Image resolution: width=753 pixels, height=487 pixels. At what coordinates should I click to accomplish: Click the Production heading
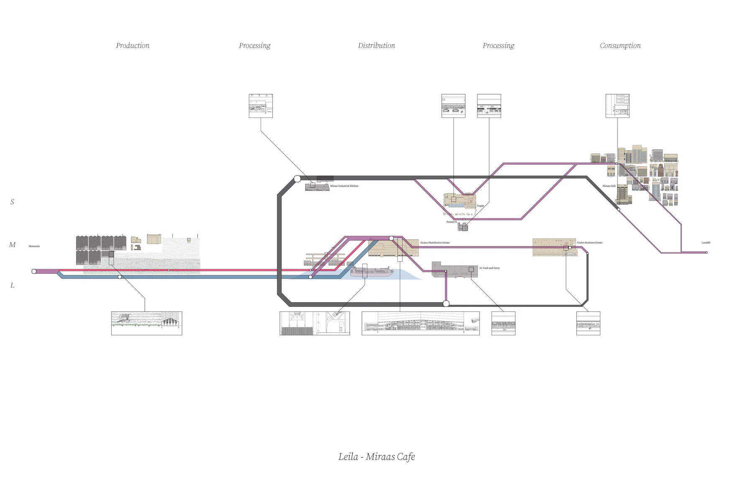133,46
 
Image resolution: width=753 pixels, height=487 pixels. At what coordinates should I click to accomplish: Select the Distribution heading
376,46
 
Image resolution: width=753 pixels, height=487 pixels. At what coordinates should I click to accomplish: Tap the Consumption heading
620,46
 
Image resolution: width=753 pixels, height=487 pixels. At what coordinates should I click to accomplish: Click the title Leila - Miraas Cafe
376,456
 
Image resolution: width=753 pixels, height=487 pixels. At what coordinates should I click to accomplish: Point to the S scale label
12,202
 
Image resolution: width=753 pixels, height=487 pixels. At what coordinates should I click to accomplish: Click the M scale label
12,245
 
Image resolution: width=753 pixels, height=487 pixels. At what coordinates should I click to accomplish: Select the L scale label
12,286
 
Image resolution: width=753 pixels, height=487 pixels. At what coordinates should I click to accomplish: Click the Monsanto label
34,246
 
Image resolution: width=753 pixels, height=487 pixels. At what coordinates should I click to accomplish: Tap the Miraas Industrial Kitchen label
344,186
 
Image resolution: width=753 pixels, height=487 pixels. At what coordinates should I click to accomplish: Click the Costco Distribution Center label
435,242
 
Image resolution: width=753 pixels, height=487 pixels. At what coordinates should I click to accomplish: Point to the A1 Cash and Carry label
489,268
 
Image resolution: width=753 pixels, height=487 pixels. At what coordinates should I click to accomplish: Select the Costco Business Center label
590,242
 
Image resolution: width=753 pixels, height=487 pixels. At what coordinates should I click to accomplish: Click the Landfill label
706,242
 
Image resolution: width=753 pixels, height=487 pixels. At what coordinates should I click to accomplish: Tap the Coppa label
480,206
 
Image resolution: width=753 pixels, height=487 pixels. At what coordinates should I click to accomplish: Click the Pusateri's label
451,222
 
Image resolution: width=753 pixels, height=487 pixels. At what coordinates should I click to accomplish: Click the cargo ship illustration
371,272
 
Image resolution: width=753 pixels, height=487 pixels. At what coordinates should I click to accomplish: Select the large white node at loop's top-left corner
297,179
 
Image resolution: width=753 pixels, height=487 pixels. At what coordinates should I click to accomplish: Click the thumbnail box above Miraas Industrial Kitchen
261,106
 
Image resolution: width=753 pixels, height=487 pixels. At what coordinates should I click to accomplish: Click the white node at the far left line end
34,271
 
